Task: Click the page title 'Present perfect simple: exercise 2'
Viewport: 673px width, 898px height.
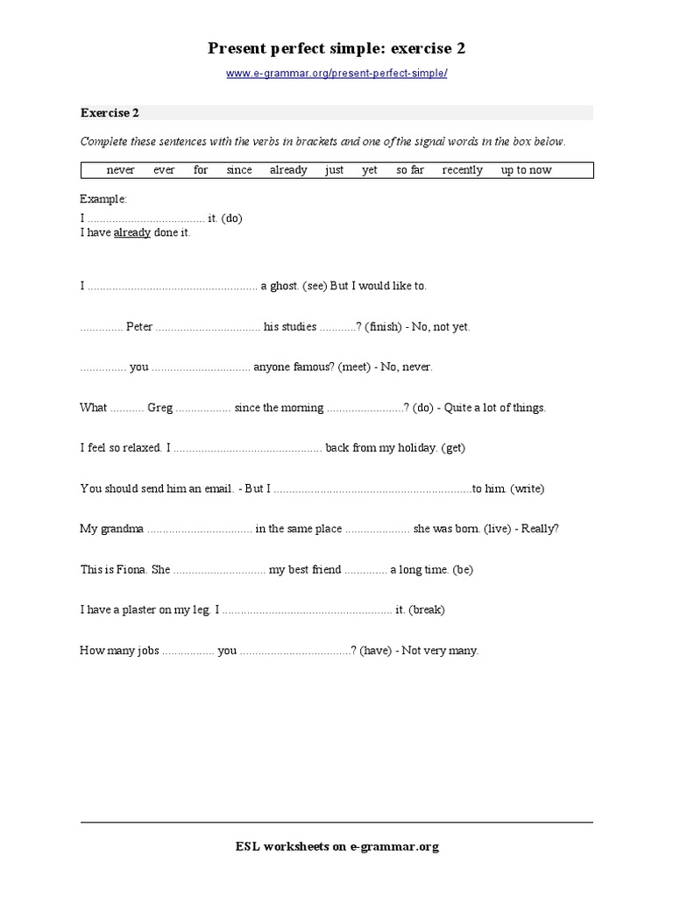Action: (x=336, y=47)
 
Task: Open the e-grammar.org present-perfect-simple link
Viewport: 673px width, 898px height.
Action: (x=336, y=74)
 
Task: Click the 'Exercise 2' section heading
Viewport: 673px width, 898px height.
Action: (x=110, y=112)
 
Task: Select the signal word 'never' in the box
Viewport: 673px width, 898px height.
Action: (x=120, y=170)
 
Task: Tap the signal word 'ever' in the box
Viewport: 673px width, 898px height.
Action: (x=164, y=170)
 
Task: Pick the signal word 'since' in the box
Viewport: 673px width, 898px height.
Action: (x=238, y=170)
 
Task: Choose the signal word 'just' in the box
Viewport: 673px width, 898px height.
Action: (x=334, y=170)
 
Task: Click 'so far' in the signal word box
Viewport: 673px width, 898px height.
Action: (x=409, y=170)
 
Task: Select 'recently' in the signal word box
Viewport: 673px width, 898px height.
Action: (x=462, y=170)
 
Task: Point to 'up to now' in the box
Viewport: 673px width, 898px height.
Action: (x=526, y=170)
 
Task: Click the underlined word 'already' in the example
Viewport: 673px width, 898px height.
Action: (x=131, y=233)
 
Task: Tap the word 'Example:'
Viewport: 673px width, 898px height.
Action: (x=103, y=199)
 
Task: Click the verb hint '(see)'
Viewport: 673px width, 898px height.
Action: (x=315, y=286)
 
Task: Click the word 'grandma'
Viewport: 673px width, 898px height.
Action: (x=124, y=529)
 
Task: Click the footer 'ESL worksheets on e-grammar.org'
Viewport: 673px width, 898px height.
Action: (x=336, y=846)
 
